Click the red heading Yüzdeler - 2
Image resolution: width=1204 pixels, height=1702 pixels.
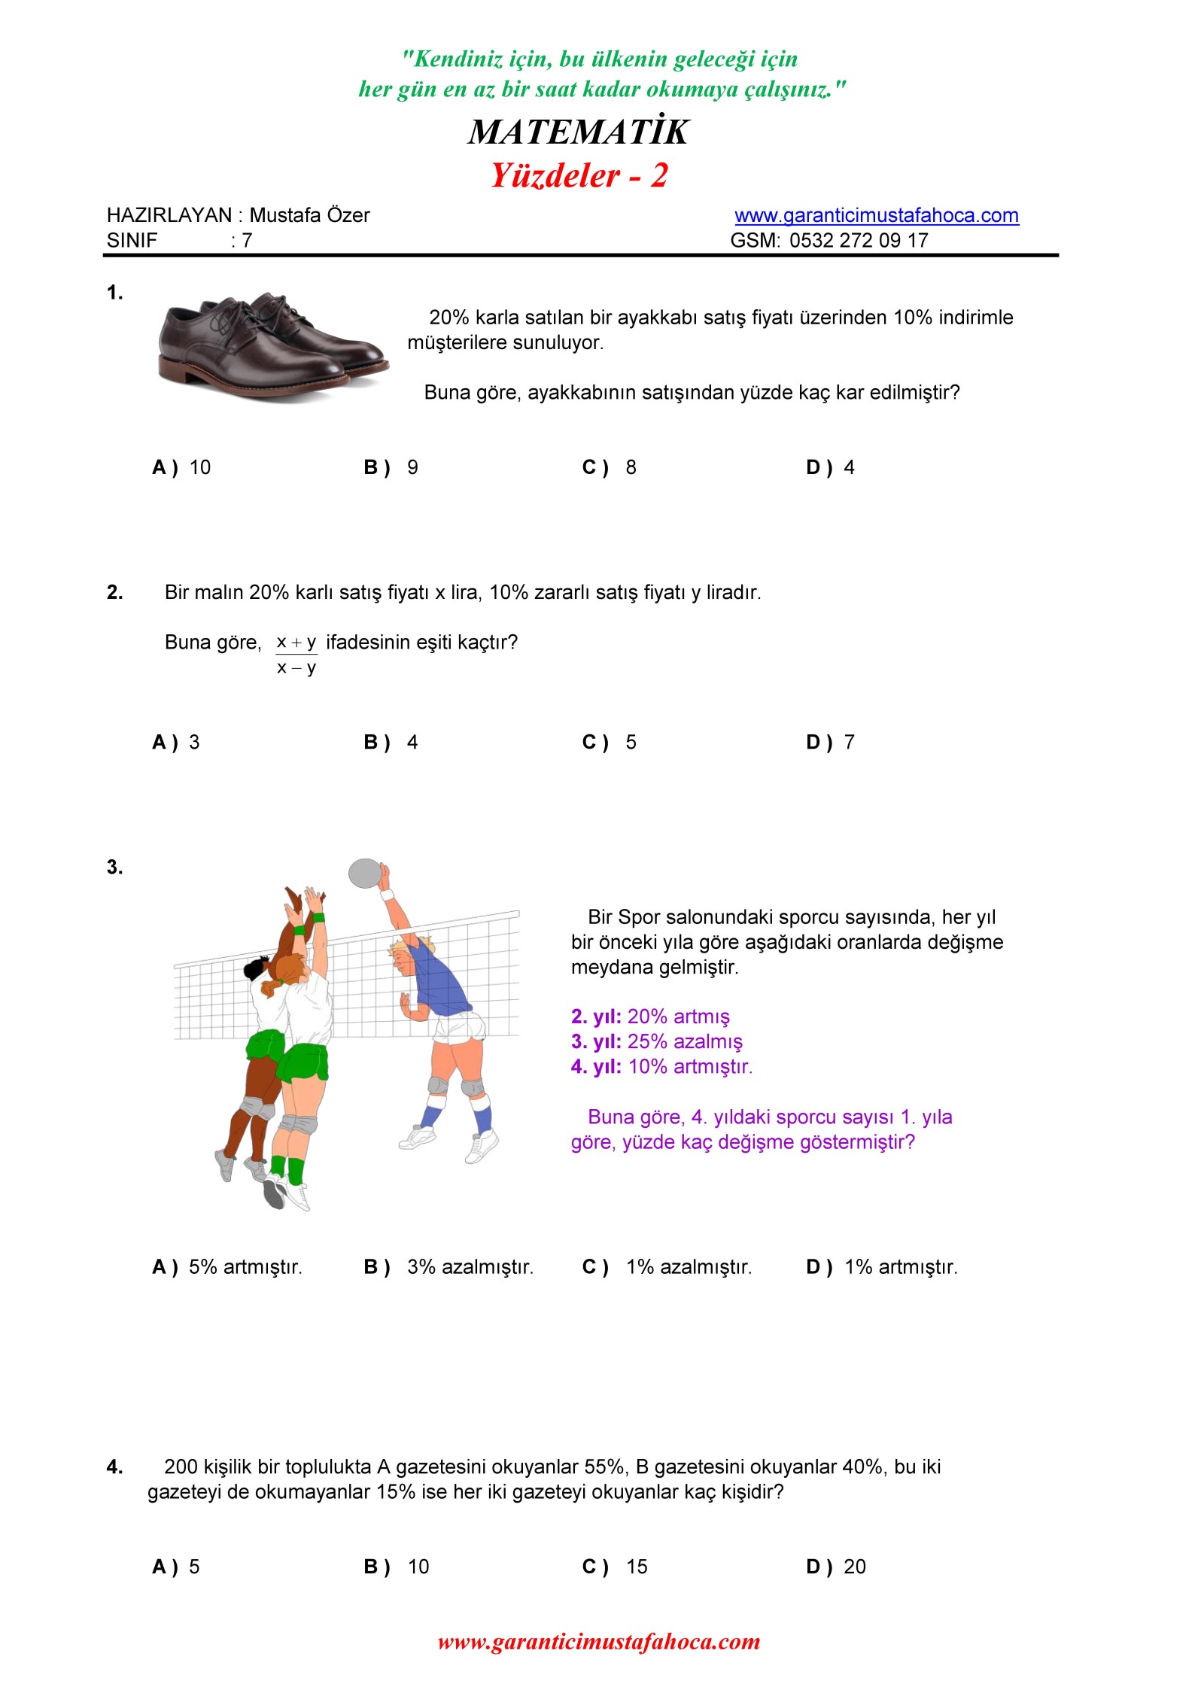579,176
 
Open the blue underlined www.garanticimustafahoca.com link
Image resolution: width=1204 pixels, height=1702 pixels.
876,216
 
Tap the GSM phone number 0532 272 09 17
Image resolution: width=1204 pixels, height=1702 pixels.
859,241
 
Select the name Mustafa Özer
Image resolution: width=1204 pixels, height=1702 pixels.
309,216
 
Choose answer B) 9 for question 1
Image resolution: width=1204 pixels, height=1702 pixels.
391,468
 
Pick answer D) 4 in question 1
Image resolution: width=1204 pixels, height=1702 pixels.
830,468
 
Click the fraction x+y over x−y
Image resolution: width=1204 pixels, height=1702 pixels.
296,655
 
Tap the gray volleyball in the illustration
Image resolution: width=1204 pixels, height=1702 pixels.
365,873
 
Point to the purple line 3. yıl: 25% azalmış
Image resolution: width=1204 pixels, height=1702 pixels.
656,1042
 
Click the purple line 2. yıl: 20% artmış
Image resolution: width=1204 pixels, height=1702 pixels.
650,1017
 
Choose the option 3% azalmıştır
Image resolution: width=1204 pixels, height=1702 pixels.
470,1267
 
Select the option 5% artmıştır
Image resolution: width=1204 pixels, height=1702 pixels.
245,1267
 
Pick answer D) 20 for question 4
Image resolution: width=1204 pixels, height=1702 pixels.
836,1567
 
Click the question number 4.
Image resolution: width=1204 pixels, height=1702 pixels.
114,1467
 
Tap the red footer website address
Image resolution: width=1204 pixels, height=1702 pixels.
599,1642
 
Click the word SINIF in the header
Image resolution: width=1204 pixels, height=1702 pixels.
132,241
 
